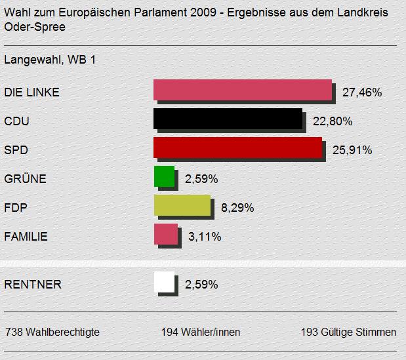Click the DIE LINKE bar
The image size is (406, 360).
(242, 90)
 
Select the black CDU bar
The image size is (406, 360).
(228, 119)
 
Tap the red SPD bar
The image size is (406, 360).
(237, 148)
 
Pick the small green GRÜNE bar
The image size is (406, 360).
(163, 176)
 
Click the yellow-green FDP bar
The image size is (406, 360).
(182, 205)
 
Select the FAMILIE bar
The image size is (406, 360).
(165, 234)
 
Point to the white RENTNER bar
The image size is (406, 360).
(164, 282)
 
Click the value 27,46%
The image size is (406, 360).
(362, 92)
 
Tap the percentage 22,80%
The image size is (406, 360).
(333, 121)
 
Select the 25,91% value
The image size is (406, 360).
(352, 150)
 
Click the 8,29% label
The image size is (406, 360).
(237, 208)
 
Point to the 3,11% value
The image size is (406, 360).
(205, 237)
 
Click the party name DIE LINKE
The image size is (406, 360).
(31, 92)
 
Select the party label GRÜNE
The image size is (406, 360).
(25, 179)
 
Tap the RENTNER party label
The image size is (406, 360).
(33, 285)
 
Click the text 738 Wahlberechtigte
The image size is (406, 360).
(52, 332)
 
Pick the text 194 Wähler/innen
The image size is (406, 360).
(201, 332)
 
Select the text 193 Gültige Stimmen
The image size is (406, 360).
(348, 332)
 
